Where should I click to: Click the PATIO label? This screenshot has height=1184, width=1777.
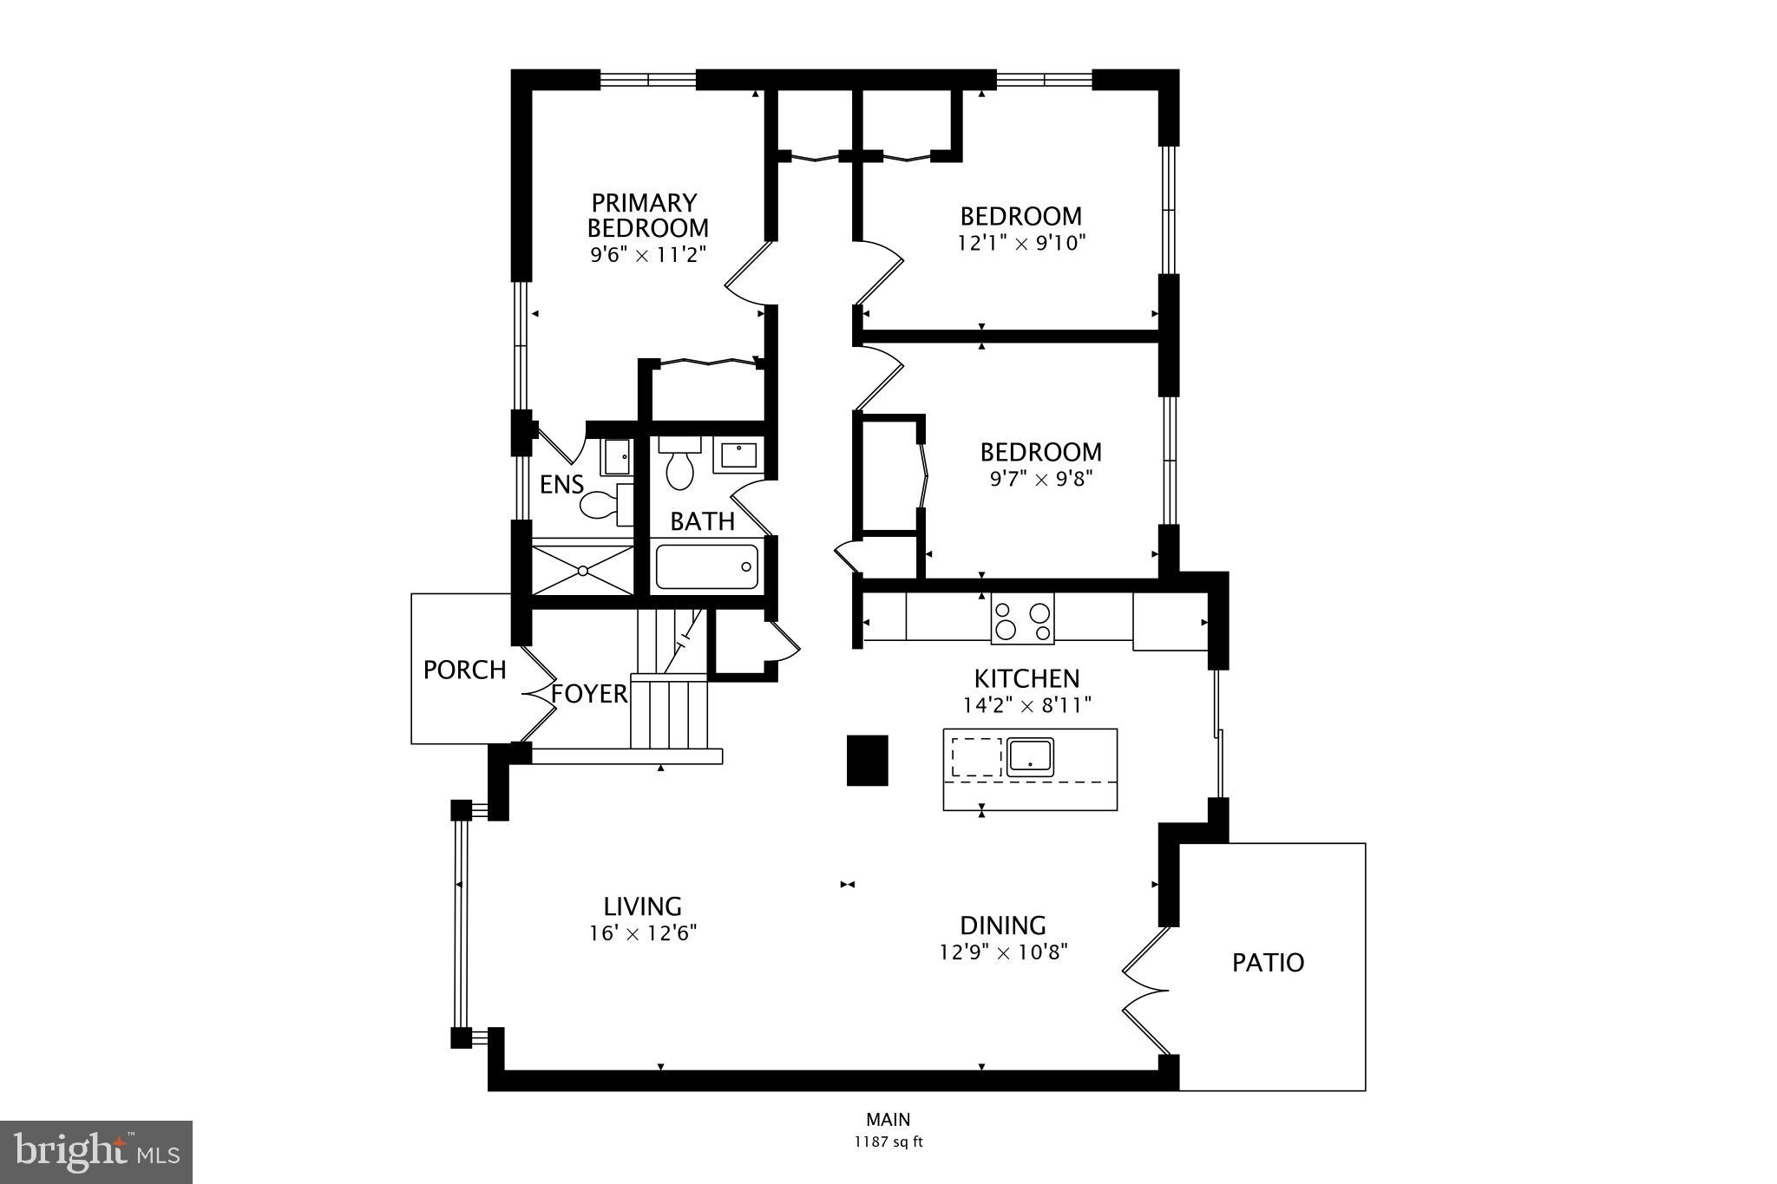point(1268,963)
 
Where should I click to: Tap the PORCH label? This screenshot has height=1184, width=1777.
point(464,670)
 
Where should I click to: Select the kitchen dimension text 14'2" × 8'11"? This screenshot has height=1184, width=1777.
point(1026,705)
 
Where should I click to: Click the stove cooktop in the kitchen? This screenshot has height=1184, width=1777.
point(1023,619)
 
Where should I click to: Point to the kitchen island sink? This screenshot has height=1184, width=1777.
point(1030,757)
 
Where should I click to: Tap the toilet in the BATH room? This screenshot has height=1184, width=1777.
point(679,464)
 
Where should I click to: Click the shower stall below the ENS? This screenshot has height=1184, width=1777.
point(583,570)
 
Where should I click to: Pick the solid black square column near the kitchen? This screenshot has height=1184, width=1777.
point(867,760)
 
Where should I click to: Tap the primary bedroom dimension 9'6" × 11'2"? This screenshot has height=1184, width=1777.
point(648,255)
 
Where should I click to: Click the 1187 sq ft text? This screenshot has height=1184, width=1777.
point(888,1142)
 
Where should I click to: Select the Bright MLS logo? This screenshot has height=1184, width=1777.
point(96,1152)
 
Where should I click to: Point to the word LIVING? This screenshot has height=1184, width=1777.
point(642,906)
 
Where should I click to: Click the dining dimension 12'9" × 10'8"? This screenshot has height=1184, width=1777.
point(1002,952)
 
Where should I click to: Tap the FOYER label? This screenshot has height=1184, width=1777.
point(589,694)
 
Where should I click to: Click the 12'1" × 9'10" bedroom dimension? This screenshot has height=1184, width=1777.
point(1021,243)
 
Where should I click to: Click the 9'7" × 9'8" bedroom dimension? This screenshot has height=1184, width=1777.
point(1040,479)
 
